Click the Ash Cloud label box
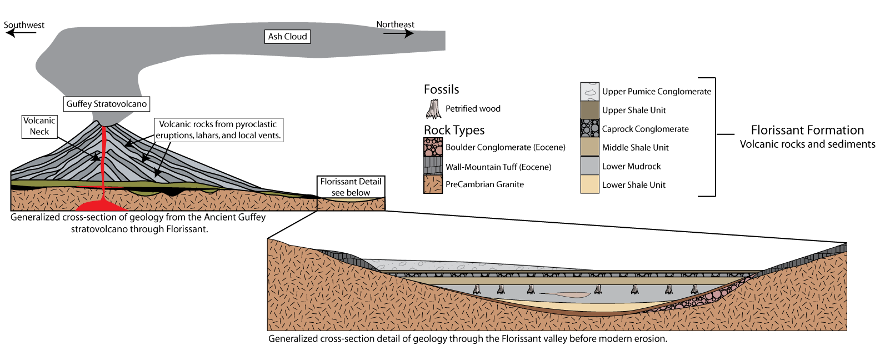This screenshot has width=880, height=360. coord(287,37)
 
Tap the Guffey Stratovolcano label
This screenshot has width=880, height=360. coord(106,104)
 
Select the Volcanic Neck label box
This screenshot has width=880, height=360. coord(39,126)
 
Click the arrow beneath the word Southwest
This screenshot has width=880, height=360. coord(21,33)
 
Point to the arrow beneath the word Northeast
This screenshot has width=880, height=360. coord(398,33)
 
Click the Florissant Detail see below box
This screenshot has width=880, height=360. coord(351,187)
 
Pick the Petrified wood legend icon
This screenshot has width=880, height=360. coord(433,109)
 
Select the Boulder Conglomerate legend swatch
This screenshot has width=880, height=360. coord(433,147)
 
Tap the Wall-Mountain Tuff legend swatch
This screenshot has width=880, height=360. coord(433,166)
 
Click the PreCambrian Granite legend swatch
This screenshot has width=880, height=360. coord(433,184)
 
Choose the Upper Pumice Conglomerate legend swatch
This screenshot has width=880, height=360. coord(589,91)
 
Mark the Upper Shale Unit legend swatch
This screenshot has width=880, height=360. coord(589,110)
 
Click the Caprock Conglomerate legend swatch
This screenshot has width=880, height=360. coord(589,128)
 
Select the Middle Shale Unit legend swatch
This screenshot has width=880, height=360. coord(589,147)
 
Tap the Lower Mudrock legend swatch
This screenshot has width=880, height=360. coord(589,166)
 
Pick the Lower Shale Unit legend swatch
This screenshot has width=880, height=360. coord(589,184)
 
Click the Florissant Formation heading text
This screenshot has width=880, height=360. coord(807,131)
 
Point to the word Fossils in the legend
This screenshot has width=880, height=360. coord(441,89)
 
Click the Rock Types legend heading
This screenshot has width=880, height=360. coord(454,131)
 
